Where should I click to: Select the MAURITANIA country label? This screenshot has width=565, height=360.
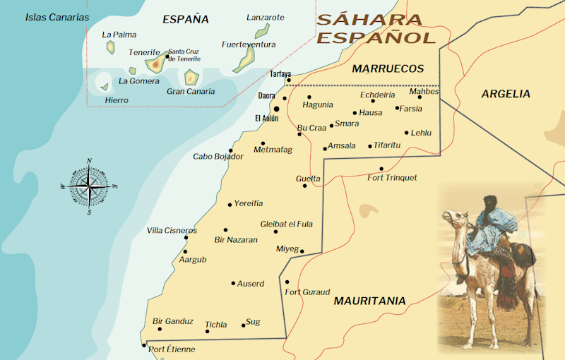point(369,301)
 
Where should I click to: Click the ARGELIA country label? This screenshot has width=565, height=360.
point(506,94)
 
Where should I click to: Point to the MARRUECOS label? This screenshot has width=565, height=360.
point(388,69)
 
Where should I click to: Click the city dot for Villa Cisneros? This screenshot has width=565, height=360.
point(186,238)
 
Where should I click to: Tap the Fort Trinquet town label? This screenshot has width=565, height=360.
point(392,178)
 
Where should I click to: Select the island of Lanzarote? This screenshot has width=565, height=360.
point(262,30)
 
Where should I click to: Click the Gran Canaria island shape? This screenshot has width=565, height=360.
point(191,77)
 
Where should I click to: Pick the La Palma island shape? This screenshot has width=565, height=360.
point(111,47)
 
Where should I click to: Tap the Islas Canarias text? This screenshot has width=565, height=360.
point(57,17)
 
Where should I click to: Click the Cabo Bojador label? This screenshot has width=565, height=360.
point(218,157)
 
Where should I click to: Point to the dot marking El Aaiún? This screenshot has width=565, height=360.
point(276,109)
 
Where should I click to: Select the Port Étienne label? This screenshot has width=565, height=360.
point(172,349)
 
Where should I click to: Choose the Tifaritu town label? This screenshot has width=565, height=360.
point(387,145)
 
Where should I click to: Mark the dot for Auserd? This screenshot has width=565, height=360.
point(233,284)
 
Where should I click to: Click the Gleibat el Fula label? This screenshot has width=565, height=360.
point(286,224)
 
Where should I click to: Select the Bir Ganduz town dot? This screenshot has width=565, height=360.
point(160,329)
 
